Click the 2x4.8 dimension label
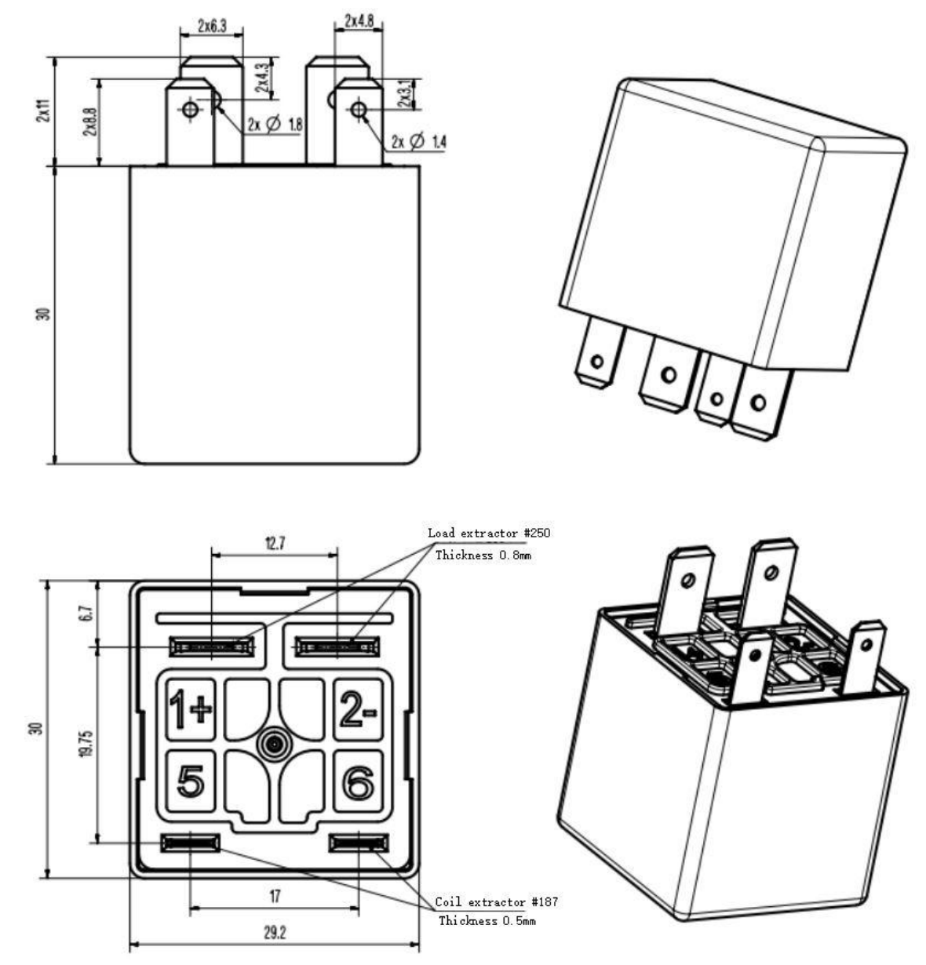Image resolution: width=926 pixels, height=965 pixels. pos(359,22)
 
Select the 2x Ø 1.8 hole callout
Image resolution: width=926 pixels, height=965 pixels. pos(275,125)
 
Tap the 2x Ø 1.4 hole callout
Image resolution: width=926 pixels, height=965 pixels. pos(419,141)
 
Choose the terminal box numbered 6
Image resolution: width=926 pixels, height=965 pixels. pos(359,781)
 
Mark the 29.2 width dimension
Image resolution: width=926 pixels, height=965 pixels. pos(274,933)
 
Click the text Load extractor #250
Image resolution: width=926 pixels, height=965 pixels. pos(489,533)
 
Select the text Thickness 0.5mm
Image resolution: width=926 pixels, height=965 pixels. pos(487,920)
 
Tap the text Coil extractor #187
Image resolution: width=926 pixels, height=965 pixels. pos(496,902)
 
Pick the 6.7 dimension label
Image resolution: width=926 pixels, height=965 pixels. pos(88,613)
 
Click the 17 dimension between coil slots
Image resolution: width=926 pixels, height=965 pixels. pos(274,895)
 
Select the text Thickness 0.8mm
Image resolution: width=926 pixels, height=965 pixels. pos(483,555)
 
